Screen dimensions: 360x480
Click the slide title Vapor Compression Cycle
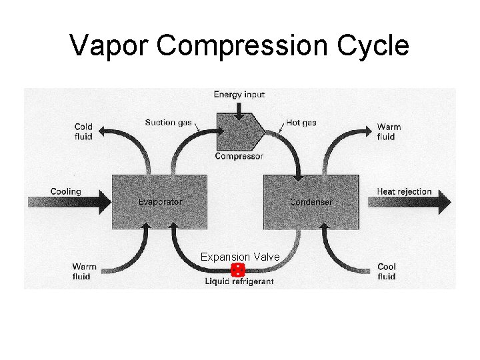[239, 46]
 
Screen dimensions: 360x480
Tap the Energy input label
[239, 95]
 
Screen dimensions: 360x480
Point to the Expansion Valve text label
[240, 257]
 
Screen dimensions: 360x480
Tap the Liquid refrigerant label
[239, 282]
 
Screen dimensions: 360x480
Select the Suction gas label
[169, 123]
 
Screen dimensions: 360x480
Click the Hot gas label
[301, 123]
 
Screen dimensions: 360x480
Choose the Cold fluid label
[83, 131]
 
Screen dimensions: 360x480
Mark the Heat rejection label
[404, 192]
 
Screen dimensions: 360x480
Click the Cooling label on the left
[65, 192]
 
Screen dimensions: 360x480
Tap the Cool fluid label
[387, 271]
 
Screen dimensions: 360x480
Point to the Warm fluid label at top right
[386, 131]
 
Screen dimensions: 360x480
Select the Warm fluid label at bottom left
[84, 271]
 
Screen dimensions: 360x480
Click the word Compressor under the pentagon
[239, 157]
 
